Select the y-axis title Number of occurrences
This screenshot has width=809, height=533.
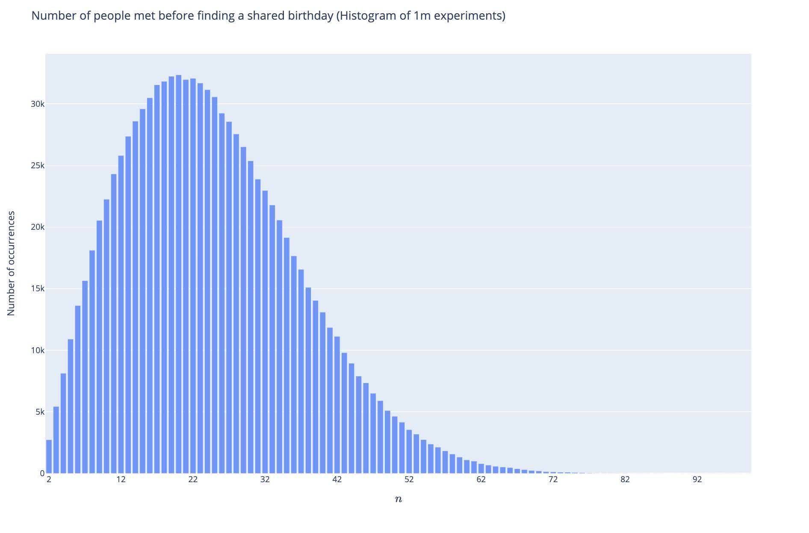[x=11, y=263]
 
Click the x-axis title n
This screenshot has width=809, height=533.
[x=398, y=499]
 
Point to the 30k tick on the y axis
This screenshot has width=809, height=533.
[x=37, y=104]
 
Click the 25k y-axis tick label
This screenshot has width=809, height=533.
[x=37, y=166]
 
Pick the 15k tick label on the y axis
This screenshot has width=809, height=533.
[x=37, y=289]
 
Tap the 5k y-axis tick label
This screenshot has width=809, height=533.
[x=39, y=412]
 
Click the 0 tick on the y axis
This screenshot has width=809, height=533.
[x=42, y=473]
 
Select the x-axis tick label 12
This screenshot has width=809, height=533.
[x=121, y=480]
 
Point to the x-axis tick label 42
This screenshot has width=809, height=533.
[x=337, y=480]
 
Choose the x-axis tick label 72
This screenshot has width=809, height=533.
[x=553, y=480]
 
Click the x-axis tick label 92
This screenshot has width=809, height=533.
[x=697, y=480]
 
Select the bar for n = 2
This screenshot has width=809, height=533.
[x=49, y=457]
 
